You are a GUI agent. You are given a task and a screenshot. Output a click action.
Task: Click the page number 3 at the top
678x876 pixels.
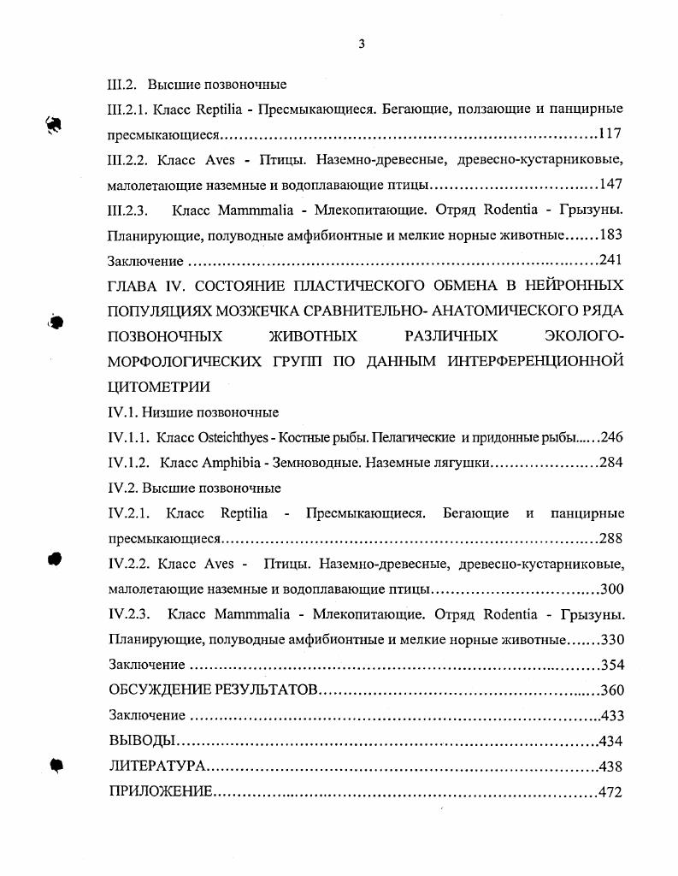tap(361, 44)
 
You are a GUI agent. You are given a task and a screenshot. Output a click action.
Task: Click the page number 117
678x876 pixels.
tap(610, 134)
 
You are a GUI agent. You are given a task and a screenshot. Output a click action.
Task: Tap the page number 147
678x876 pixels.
tap(610, 184)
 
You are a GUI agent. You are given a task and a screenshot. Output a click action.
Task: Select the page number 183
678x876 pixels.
tap(611, 234)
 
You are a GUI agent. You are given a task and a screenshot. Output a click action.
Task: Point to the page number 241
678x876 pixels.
tap(610, 260)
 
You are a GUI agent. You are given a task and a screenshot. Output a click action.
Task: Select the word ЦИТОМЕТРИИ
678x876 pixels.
tap(159, 386)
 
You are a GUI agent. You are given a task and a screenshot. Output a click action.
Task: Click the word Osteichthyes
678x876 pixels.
tap(233, 437)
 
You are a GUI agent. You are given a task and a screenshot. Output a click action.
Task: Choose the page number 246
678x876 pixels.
tap(611, 437)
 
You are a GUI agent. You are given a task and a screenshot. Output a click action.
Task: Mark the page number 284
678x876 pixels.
tap(610, 463)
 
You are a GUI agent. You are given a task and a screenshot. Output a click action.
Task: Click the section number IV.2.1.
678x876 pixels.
tap(130, 513)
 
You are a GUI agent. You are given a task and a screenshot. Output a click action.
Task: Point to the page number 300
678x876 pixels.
tap(611, 589)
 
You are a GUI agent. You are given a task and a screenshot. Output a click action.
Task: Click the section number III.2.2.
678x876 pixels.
tap(131, 159)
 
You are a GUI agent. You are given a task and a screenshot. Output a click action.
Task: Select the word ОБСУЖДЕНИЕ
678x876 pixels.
tap(159, 690)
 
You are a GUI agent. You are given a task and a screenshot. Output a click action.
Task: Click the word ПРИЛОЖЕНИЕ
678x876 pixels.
tap(160, 792)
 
